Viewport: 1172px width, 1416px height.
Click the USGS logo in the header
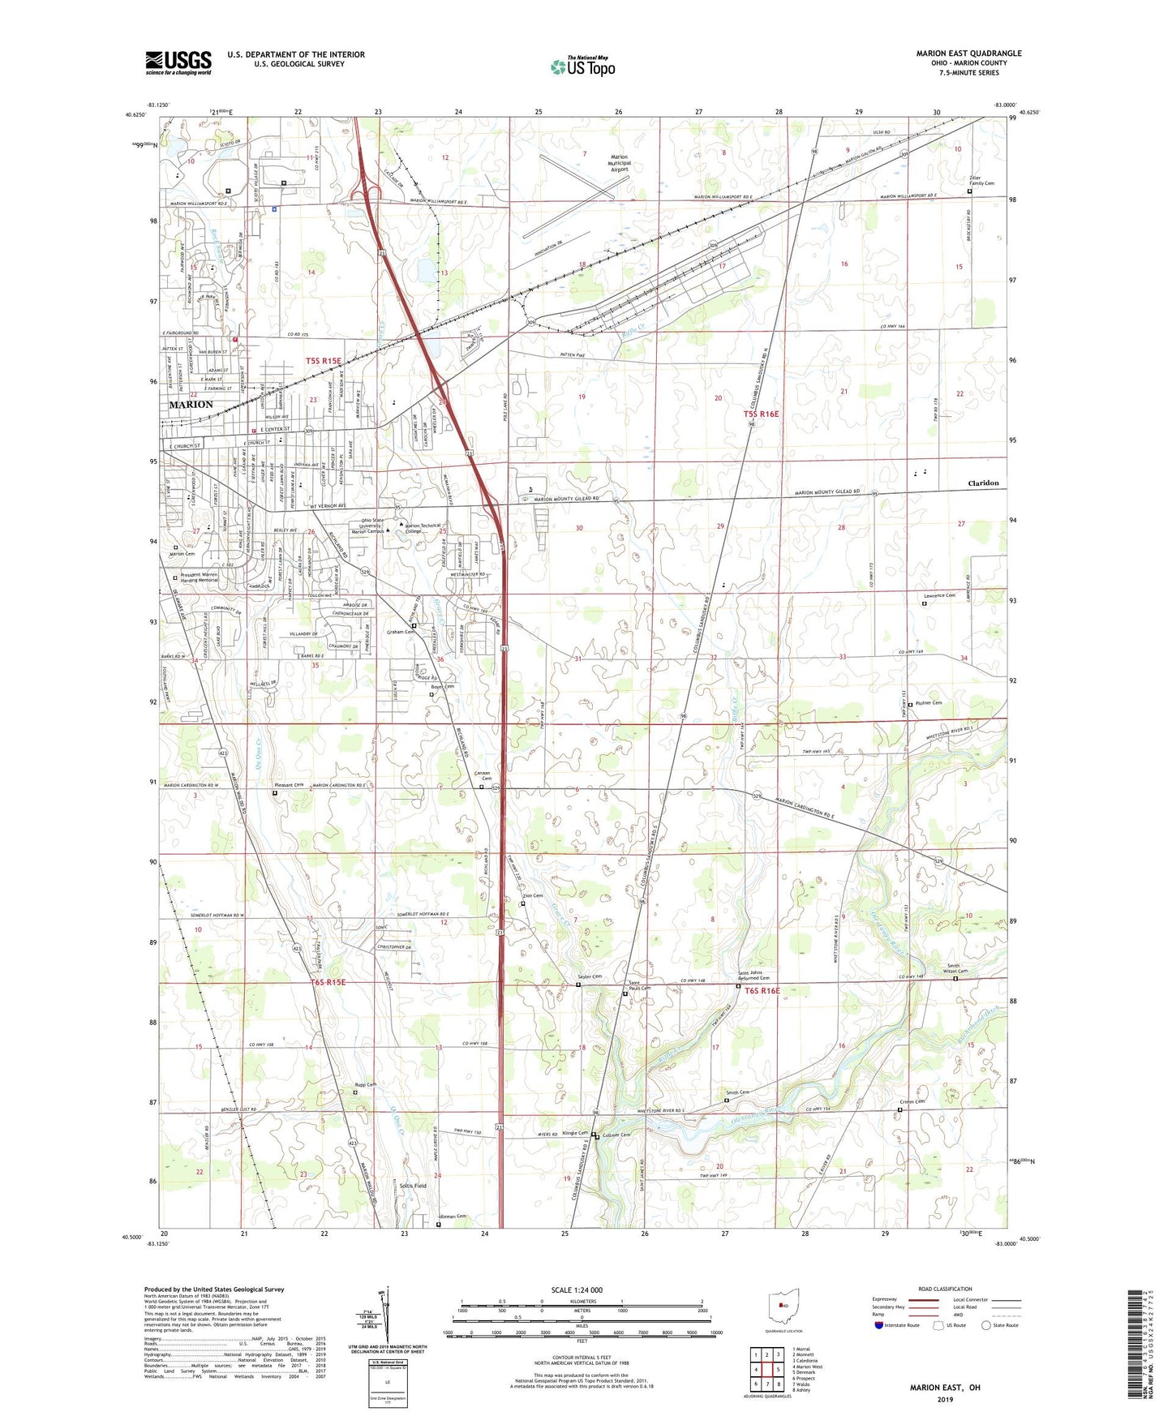178,62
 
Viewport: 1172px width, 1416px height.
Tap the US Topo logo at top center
582,67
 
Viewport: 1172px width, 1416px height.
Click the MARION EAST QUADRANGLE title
968,54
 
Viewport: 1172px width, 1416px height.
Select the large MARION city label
191,404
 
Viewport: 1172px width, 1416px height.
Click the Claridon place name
983,483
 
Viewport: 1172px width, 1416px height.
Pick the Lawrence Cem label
939,596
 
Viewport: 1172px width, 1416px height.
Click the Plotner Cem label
929,703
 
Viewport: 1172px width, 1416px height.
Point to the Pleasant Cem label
288,785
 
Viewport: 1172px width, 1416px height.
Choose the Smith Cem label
737,1092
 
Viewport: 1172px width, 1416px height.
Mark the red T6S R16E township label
762,990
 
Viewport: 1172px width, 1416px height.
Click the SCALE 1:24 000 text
577,1289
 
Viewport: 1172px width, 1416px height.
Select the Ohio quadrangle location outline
783,1305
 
